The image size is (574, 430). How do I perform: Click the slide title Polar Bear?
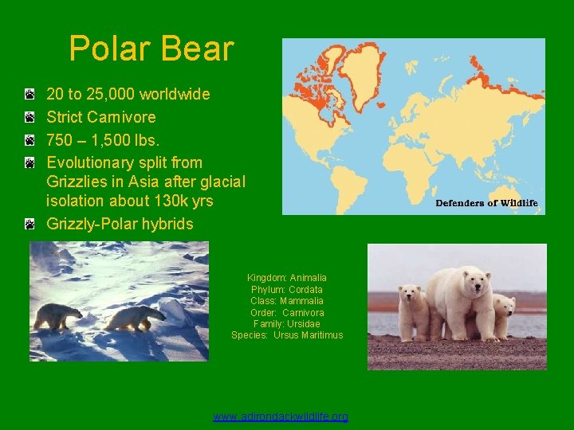coord(151,49)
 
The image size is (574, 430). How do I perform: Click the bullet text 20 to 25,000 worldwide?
coord(128,94)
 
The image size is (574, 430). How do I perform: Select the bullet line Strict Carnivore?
coord(100,117)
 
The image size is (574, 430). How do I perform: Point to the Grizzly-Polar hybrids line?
coord(120,224)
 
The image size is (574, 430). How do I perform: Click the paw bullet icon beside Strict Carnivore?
coord(29,118)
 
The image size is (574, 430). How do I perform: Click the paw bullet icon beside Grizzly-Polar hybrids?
coord(29,225)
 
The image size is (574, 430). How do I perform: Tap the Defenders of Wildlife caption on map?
coord(486,203)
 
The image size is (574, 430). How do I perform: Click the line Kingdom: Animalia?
coord(287,278)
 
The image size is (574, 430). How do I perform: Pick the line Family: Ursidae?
coord(287,324)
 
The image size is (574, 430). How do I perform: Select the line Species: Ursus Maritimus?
coord(287,335)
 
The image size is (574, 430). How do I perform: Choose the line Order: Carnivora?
coord(287,313)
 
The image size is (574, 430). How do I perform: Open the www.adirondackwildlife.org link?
coord(281,416)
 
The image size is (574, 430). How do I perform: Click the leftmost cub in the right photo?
coord(413,311)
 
